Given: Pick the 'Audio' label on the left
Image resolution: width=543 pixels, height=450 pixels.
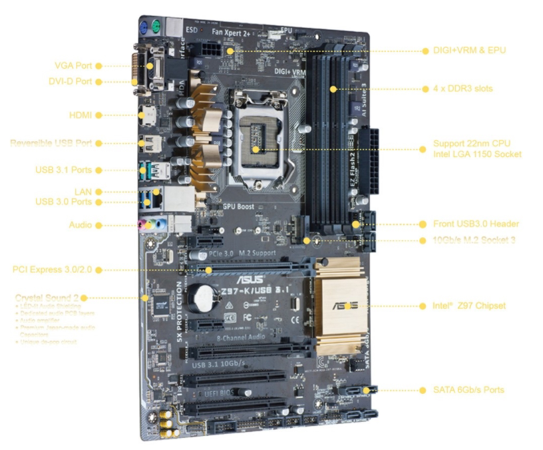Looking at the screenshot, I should click(x=80, y=225).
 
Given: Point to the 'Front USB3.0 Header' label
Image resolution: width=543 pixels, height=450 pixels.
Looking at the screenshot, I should click(x=476, y=224).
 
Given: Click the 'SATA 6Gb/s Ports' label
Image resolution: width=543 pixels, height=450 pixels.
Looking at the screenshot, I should click(x=468, y=389).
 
